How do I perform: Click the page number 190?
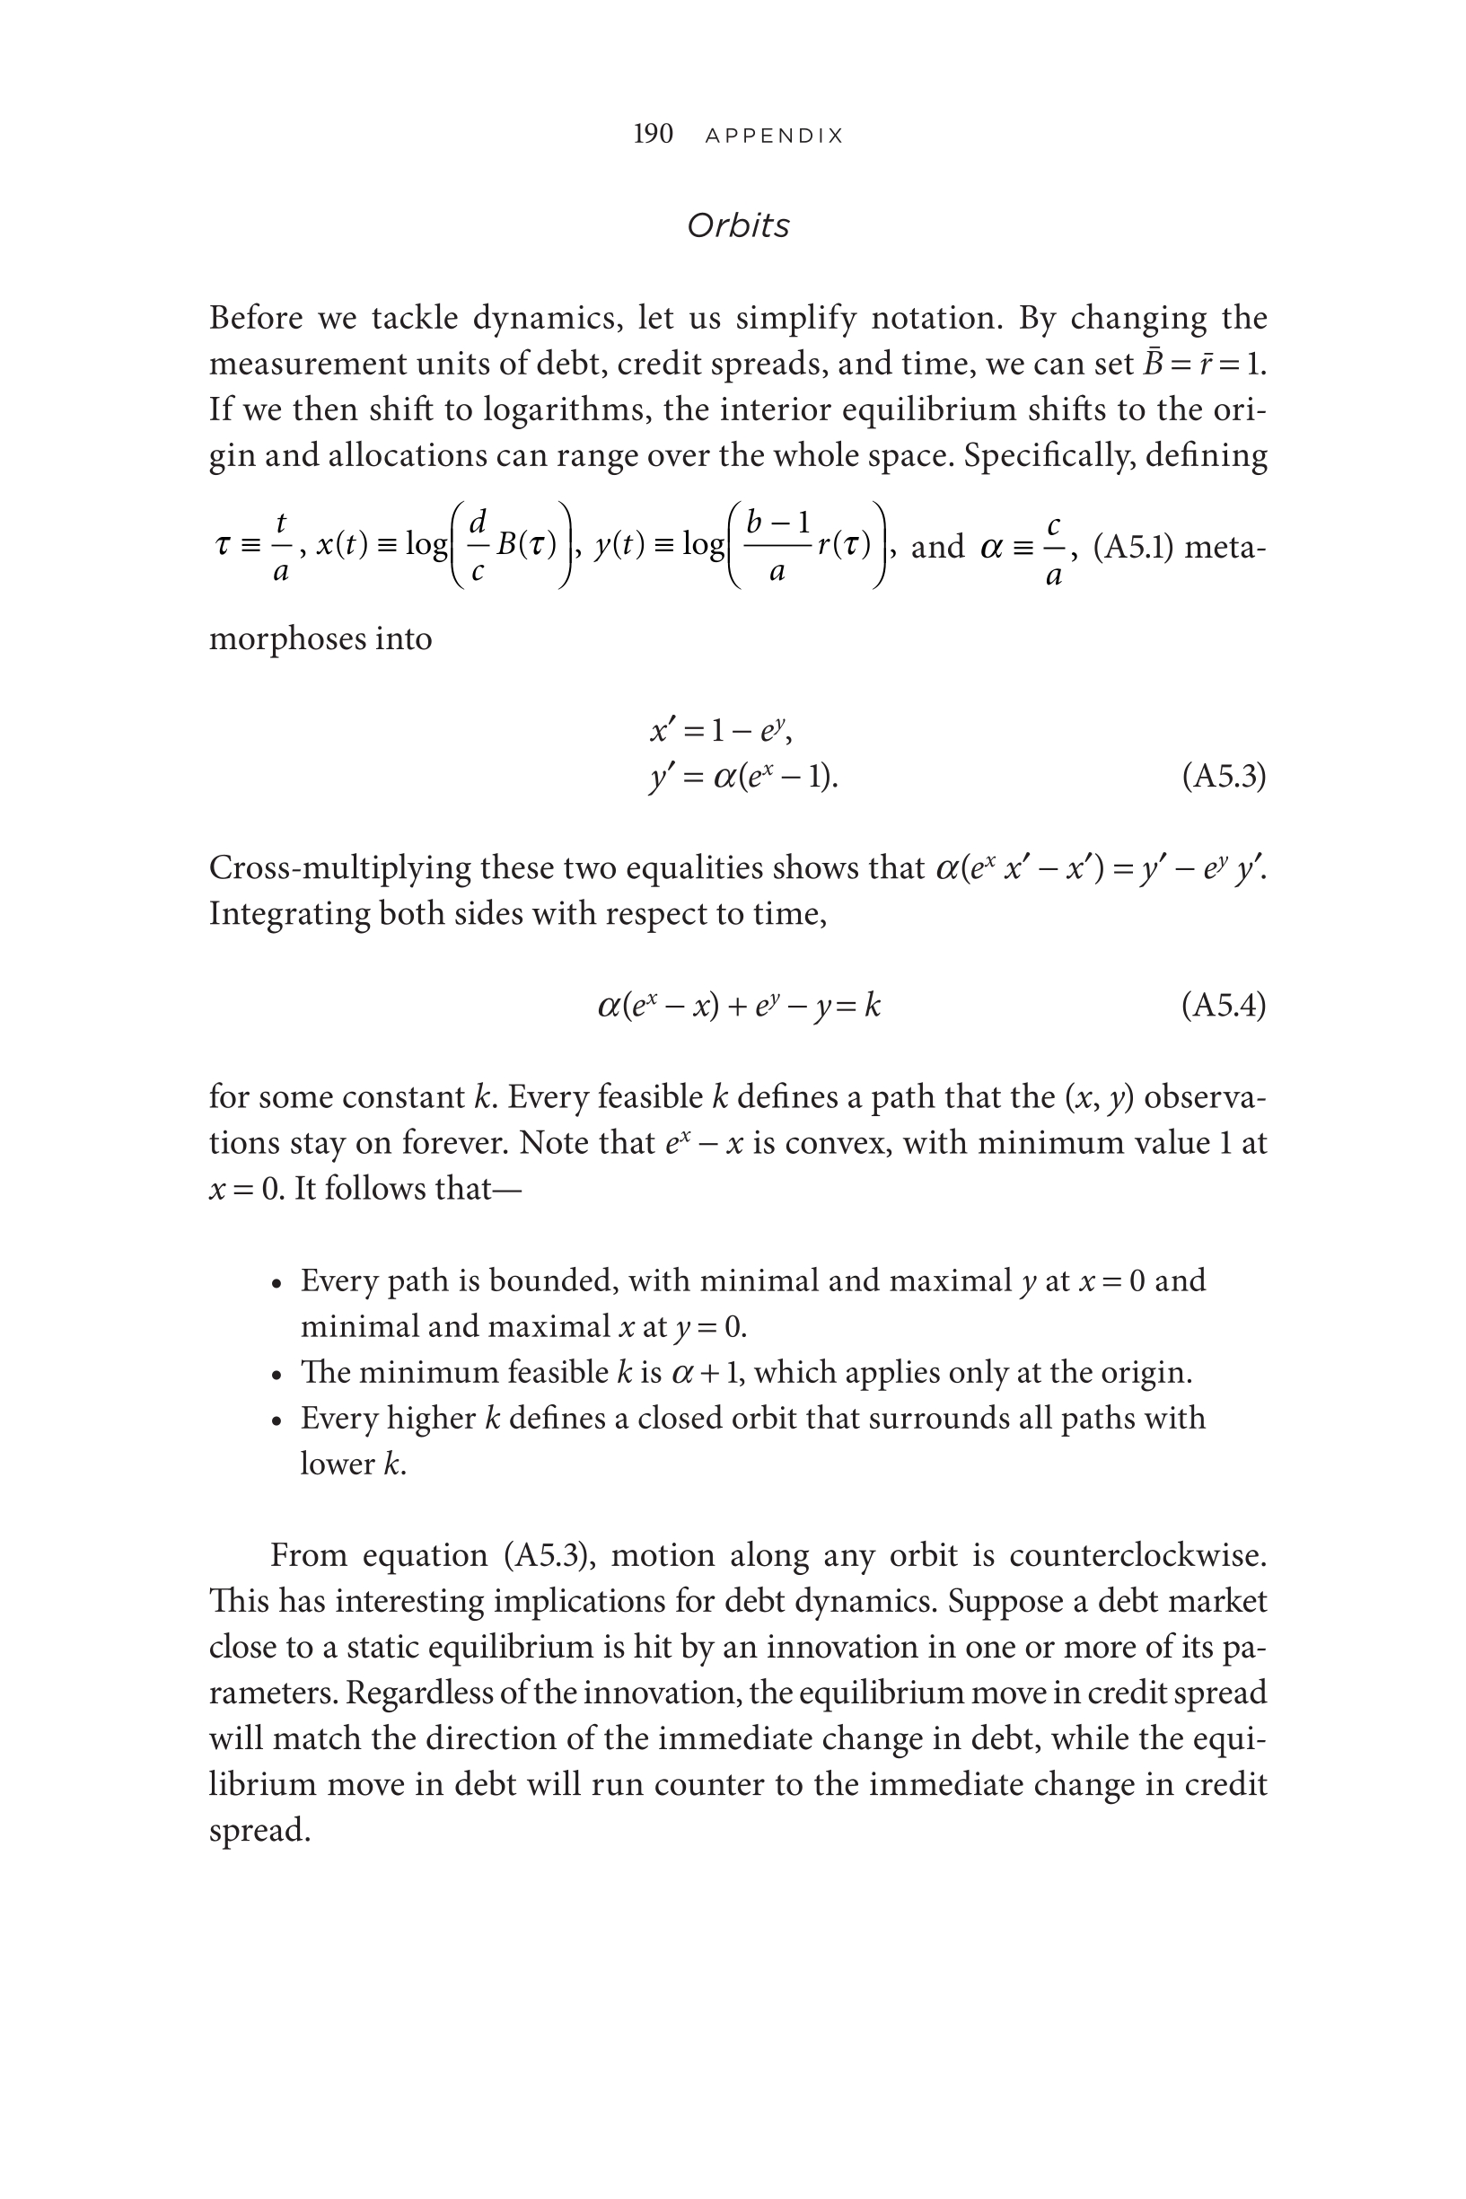click(x=653, y=134)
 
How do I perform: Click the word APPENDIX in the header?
click(x=774, y=136)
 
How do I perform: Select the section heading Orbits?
click(x=738, y=225)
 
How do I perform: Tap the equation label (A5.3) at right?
click(x=1224, y=776)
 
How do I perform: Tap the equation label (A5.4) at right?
click(x=1224, y=1005)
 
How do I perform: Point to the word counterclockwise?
click(x=1137, y=1555)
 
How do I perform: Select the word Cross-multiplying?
click(x=339, y=867)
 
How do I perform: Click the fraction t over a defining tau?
click(x=280, y=547)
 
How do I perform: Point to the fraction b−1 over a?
click(x=777, y=547)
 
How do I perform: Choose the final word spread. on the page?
click(x=259, y=1830)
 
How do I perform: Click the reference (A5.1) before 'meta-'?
click(x=1132, y=547)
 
